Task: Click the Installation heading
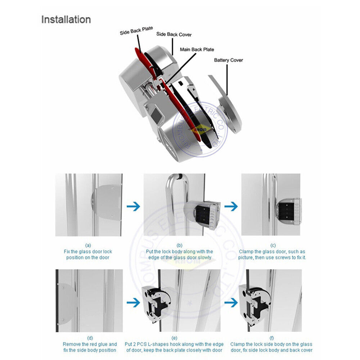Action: (66, 19)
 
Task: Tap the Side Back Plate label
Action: (136, 31)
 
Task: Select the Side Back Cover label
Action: (174, 34)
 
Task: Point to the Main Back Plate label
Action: (197, 49)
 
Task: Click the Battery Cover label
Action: (228, 60)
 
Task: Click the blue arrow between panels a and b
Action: (134, 206)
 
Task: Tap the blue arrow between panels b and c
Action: (231, 206)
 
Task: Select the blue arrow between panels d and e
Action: (134, 302)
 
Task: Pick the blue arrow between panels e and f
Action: (231, 302)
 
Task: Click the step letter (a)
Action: (88, 245)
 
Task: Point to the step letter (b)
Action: (179, 245)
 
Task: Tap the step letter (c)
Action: (273, 245)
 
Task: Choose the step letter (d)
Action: (90, 338)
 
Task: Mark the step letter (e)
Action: (174, 338)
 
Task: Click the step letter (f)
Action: (271, 338)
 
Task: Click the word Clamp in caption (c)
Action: (246, 252)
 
